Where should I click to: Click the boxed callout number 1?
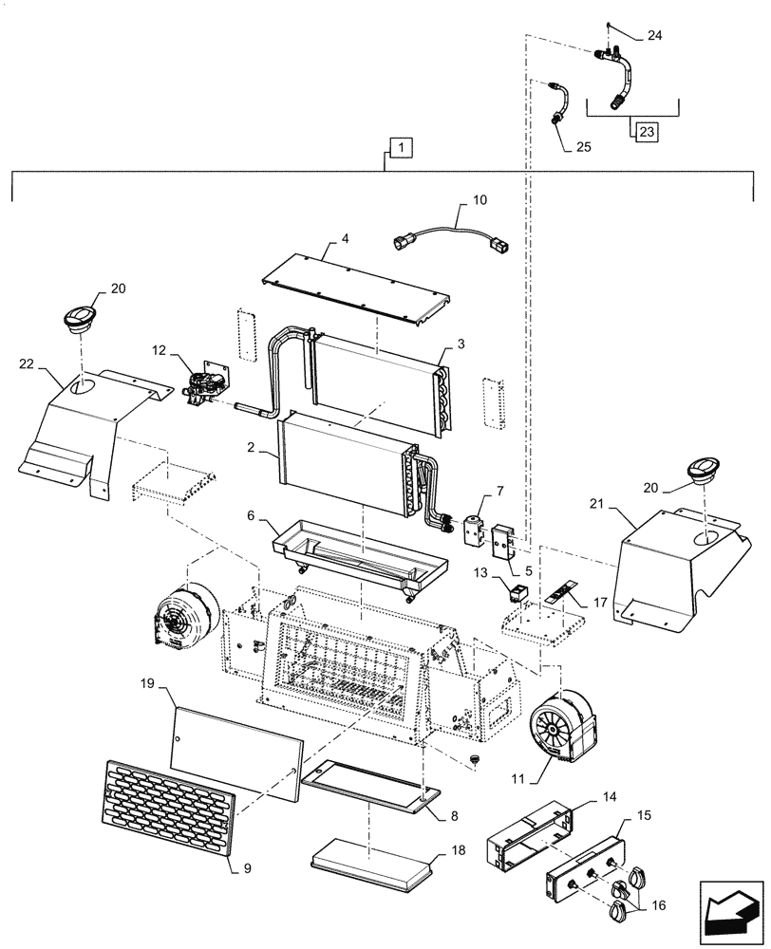(401, 148)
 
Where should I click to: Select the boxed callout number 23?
(646, 133)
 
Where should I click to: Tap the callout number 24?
(654, 35)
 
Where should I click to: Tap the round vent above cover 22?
(77, 319)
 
